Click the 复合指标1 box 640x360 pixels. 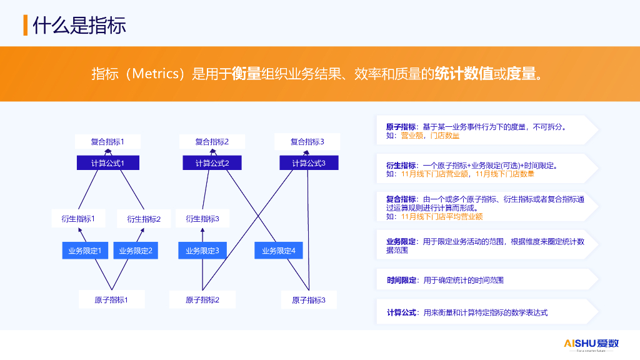coord(107,142)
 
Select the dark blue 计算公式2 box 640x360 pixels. coord(212,163)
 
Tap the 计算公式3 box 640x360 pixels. coord(309,163)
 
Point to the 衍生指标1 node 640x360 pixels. coord(78,219)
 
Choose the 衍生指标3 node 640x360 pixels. coord(202,219)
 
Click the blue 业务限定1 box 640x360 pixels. coord(85,251)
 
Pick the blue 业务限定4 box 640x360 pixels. coord(279,251)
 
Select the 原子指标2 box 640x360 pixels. coord(202,299)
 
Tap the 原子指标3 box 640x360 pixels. coord(309,300)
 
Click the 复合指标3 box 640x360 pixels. coord(307,142)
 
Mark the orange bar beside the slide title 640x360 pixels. coord(25,25)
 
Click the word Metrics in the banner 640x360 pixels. coord(156,74)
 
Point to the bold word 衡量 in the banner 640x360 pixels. coord(246,74)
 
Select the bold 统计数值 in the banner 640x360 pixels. coord(464,74)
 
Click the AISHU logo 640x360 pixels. coord(591,344)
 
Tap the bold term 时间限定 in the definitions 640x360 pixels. coord(402,280)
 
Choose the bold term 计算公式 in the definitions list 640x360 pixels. coord(402,312)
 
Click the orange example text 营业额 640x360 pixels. coord(412,136)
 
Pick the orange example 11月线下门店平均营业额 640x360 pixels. coord(442,216)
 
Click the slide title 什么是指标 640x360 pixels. coord(79,25)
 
